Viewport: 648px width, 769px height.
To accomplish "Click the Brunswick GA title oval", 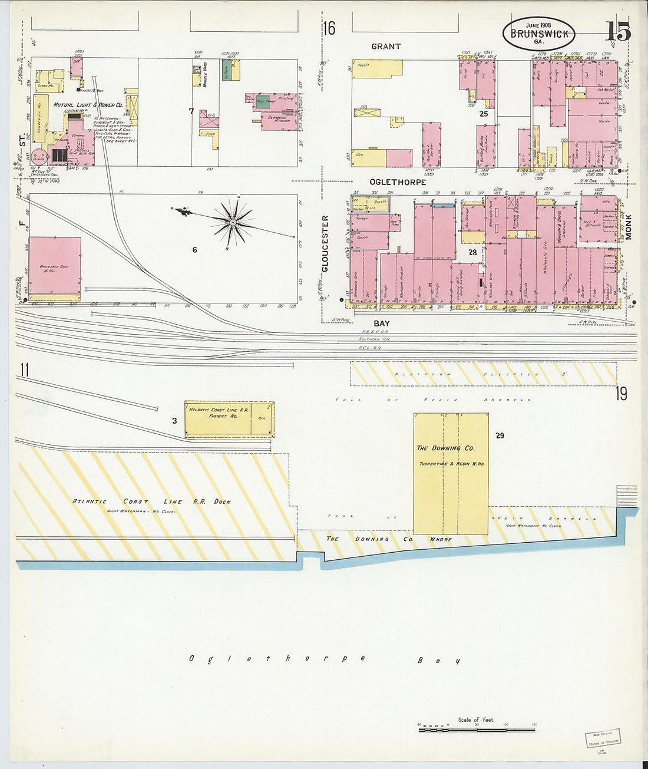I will coord(538,33).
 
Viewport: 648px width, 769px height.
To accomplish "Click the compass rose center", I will coord(233,223).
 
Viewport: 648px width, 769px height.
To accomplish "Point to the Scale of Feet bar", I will coord(477,730).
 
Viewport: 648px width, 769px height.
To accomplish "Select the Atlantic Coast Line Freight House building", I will coord(229,419).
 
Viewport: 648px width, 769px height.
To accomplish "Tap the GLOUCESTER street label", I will coord(325,243).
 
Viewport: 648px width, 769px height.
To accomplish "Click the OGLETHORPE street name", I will coord(398,182).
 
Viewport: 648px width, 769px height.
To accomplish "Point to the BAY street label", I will coord(382,324).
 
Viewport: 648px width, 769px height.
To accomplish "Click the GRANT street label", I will coord(386,47).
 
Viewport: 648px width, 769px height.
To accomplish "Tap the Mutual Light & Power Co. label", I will coord(88,105).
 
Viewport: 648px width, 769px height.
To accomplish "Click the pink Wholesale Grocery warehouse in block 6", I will coord(55,265).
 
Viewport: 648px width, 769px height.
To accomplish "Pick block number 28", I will coord(472,252).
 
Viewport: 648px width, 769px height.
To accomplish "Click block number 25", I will coord(484,114).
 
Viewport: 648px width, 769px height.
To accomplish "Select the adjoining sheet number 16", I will coord(329,28).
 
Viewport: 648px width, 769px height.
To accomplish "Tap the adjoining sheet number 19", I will coord(622,394).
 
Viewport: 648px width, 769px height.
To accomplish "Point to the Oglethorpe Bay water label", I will coord(324,659).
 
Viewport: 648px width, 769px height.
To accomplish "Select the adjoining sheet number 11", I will coord(24,370).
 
